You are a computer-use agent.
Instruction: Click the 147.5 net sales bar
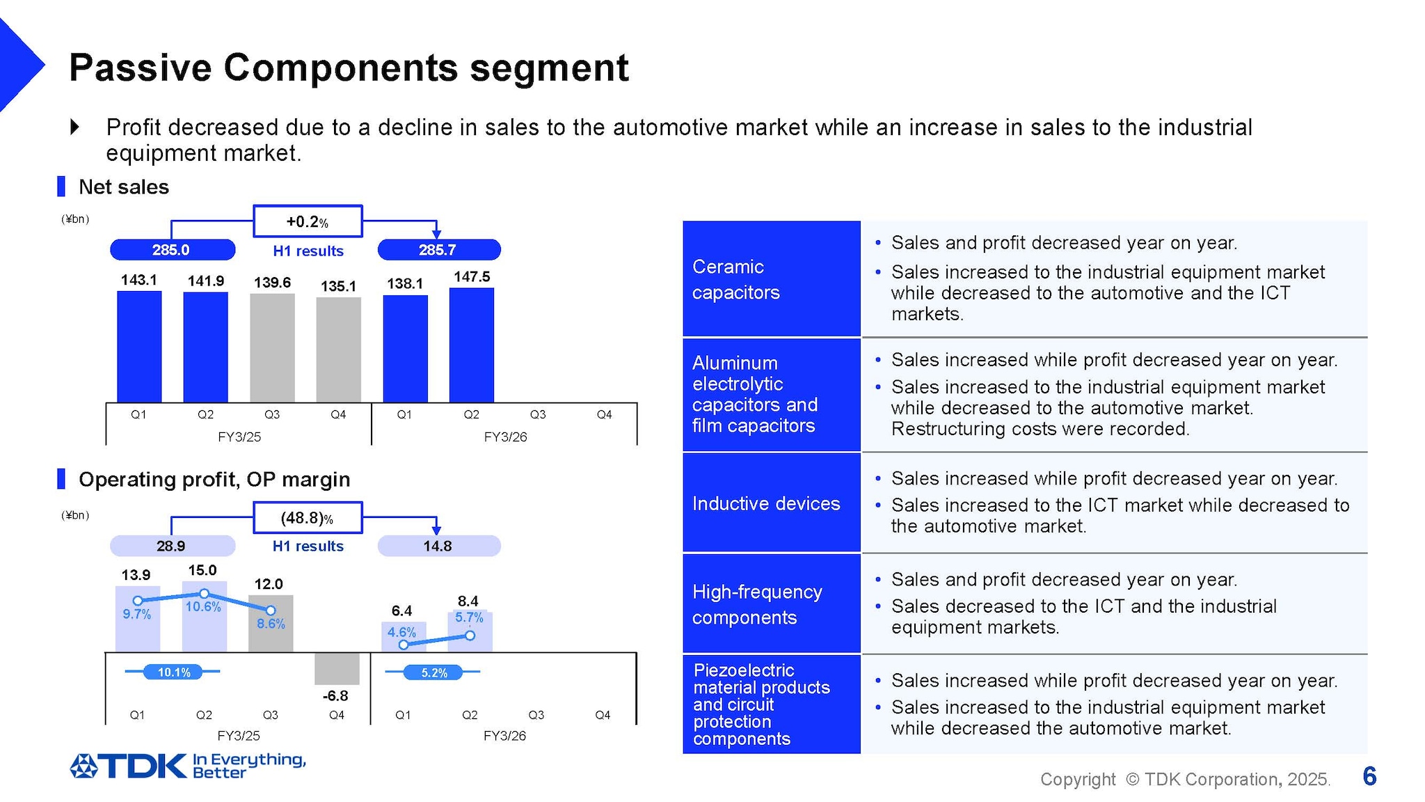click(x=471, y=345)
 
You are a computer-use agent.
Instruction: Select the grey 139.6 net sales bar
click(x=272, y=348)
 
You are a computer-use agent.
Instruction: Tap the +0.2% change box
click(x=308, y=221)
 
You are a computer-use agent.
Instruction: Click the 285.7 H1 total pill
click(x=438, y=250)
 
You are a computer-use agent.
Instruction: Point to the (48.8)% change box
click(x=308, y=518)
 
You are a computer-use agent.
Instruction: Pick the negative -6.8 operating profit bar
click(x=337, y=668)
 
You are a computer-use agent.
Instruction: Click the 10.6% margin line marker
click(x=204, y=593)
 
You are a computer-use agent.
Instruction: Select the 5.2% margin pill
click(x=434, y=673)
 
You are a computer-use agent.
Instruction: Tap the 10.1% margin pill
click(x=173, y=672)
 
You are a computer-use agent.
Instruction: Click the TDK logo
click(x=129, y=766)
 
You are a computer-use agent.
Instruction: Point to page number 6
click(x=1369, y=776)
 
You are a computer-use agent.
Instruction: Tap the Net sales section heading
click(x=123, y=187)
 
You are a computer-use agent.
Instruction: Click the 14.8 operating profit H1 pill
click(x=438, y=546)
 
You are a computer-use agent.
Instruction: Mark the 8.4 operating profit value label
click(x=468, y=601)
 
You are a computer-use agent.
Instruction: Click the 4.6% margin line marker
click(x=404, y=645)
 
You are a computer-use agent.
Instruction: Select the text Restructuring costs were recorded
click(x=1040, y=429)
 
